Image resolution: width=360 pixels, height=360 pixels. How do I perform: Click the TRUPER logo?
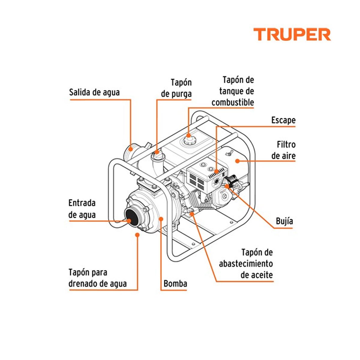pos(292,34)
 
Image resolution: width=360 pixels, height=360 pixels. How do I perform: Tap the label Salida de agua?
pos(94,92)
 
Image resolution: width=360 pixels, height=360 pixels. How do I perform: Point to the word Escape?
pos(283,120)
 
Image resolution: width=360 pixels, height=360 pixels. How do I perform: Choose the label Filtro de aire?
pos(284,150)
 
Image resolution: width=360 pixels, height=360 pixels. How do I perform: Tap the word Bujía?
pos(284,221)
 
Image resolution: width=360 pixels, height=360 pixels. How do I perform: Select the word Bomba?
pos(175,283)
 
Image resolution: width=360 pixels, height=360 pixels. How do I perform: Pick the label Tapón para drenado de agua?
pos(97,278)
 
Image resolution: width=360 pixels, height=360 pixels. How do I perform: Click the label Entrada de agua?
pos(82,209)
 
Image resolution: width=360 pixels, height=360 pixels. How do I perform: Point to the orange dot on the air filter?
pos(237,161)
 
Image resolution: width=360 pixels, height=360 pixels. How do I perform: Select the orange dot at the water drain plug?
pos(138,235)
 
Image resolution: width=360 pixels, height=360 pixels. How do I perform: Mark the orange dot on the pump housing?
pos(161,219)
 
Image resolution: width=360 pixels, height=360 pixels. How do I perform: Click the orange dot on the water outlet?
pos(130,148)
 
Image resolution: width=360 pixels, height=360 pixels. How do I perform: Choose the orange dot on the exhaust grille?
pos(216,171)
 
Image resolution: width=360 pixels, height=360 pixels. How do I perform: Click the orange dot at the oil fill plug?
pos(192,214)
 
